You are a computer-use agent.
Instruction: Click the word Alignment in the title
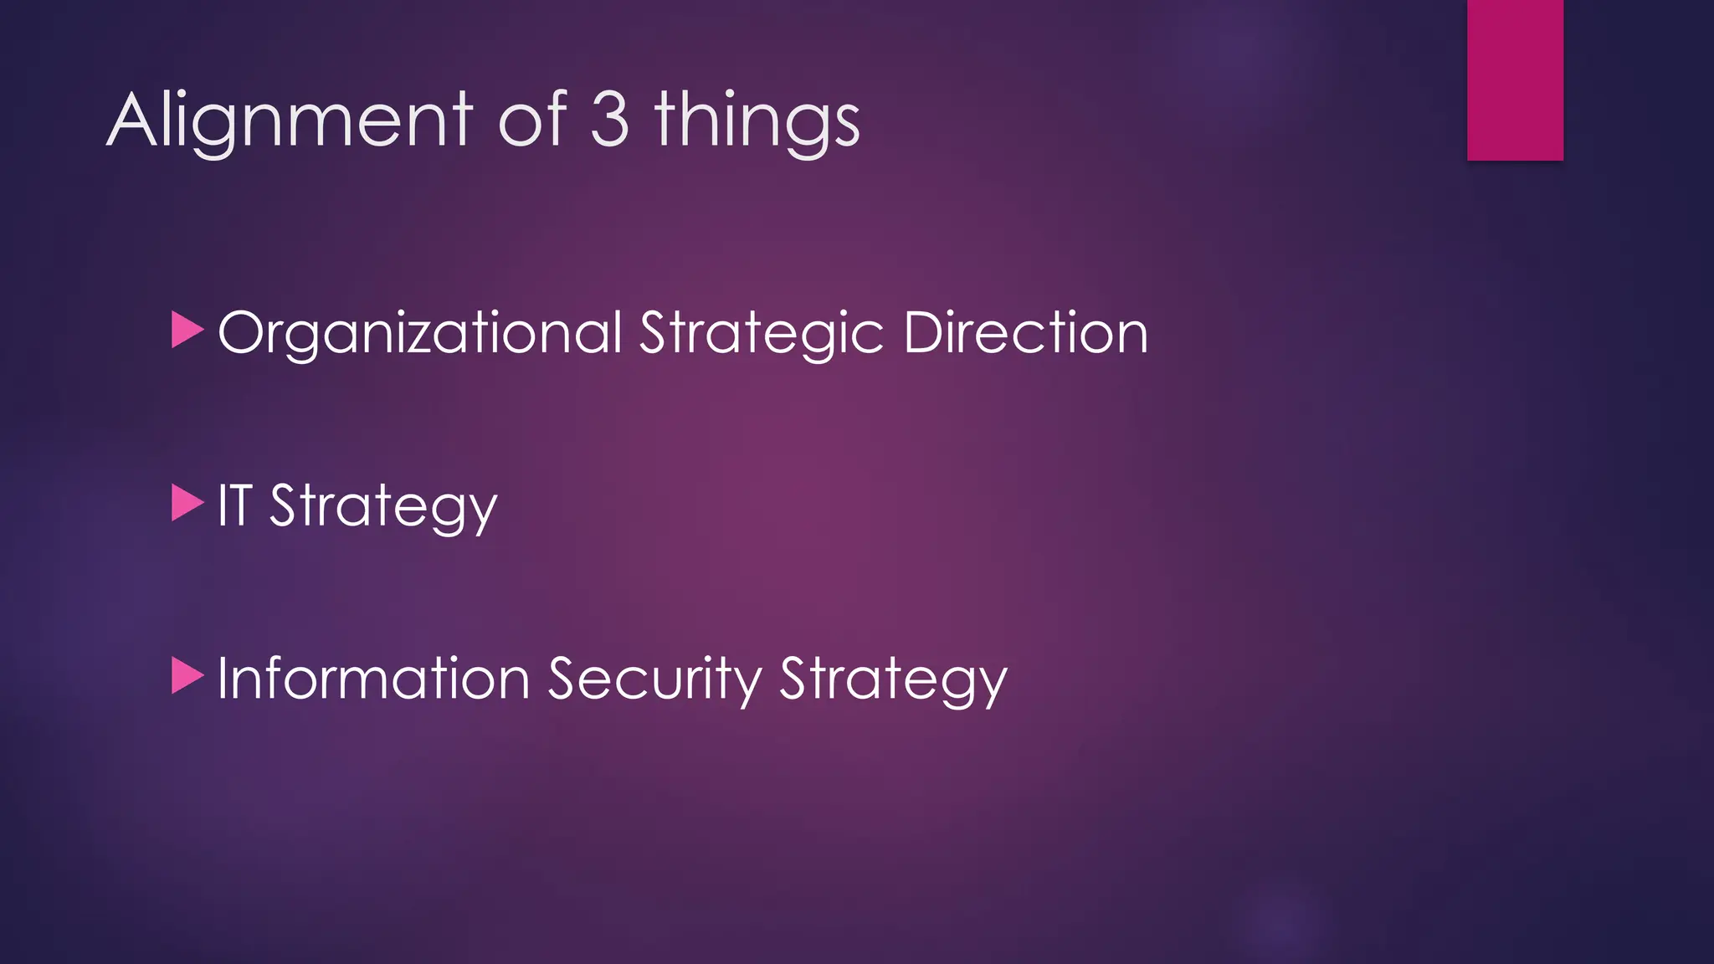pos(290,121)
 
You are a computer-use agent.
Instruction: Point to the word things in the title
pos(757,121)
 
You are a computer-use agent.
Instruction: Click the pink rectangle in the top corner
pos(1515,79)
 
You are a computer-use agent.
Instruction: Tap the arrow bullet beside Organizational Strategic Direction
pos(187,330)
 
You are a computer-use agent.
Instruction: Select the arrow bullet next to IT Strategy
pos(187,503)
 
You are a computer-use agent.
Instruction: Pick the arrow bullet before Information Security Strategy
pos(187,676)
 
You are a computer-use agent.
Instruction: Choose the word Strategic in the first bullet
pos(762,333)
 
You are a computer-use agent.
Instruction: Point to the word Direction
pos(1026,332)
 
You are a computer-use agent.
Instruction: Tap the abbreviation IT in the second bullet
pos(234,505)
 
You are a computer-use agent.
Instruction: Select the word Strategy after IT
pos(383,507)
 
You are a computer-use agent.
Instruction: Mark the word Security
pos(654,679)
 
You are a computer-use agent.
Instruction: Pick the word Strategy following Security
pos(893,679)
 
